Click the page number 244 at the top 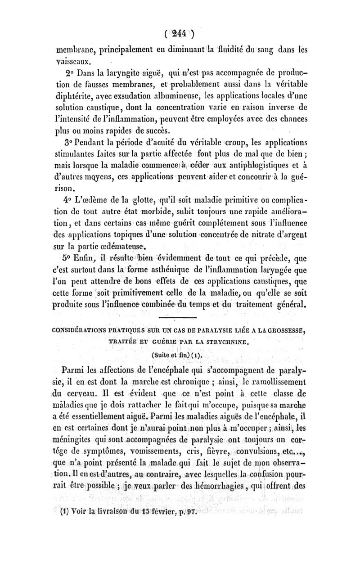180,34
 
